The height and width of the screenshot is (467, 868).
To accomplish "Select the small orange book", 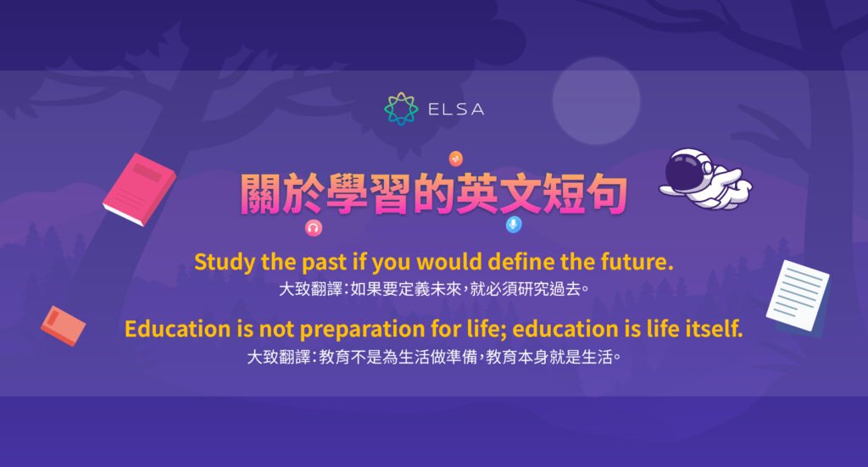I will click(x=63, y=325).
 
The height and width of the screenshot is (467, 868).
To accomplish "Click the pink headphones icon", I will click(x=313, y=227).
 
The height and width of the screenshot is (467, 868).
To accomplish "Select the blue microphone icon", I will click(x=513, y=225).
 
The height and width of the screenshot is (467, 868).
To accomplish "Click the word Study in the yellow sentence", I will click(x=221, y=262).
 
